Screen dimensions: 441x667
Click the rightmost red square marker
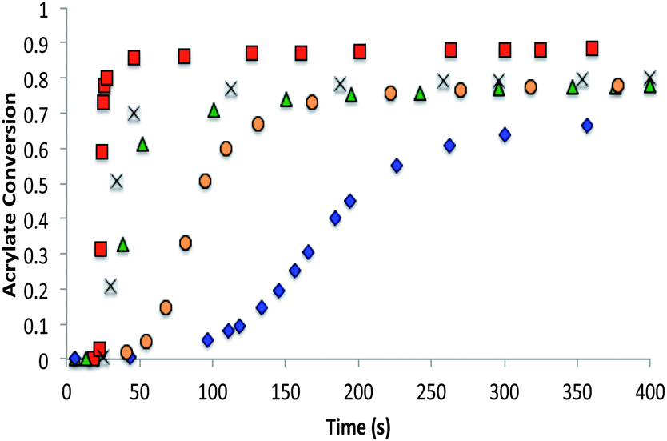592,49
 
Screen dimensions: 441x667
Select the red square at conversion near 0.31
100,249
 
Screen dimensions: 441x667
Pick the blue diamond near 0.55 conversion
397,166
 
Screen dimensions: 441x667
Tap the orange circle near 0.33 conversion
185,243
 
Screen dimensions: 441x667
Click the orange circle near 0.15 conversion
166,307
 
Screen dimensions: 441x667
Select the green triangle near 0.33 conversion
122,245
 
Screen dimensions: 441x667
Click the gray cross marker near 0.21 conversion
110,286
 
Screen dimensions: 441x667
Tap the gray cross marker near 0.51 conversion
117,182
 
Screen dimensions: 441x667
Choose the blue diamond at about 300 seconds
505,134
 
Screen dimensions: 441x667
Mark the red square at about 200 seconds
360,51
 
